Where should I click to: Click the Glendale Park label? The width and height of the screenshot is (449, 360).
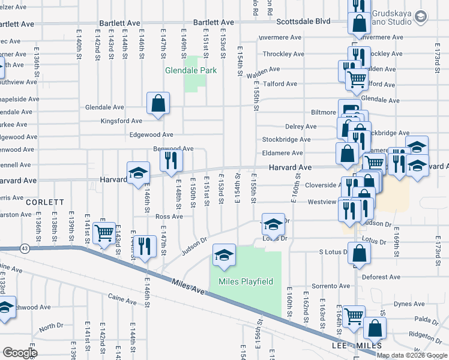tap(191, 70)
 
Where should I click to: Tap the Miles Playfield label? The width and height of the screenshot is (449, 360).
tap(246, 281)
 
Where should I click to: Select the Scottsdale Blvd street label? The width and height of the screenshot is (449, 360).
tap(304, 21)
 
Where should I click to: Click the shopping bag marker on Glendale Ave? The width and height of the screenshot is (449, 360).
tap(158, 104)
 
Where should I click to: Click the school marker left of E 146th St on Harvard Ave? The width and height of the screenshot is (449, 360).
tap(138, 173)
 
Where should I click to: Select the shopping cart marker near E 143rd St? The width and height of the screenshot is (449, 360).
tap(105, 233)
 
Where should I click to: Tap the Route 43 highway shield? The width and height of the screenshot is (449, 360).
tap(25, 248)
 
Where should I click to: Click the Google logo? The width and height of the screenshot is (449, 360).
tap(20, 353)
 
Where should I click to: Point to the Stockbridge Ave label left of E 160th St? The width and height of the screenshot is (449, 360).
tap(286, 140)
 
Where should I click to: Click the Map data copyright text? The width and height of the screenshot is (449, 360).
tap(412, 355)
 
